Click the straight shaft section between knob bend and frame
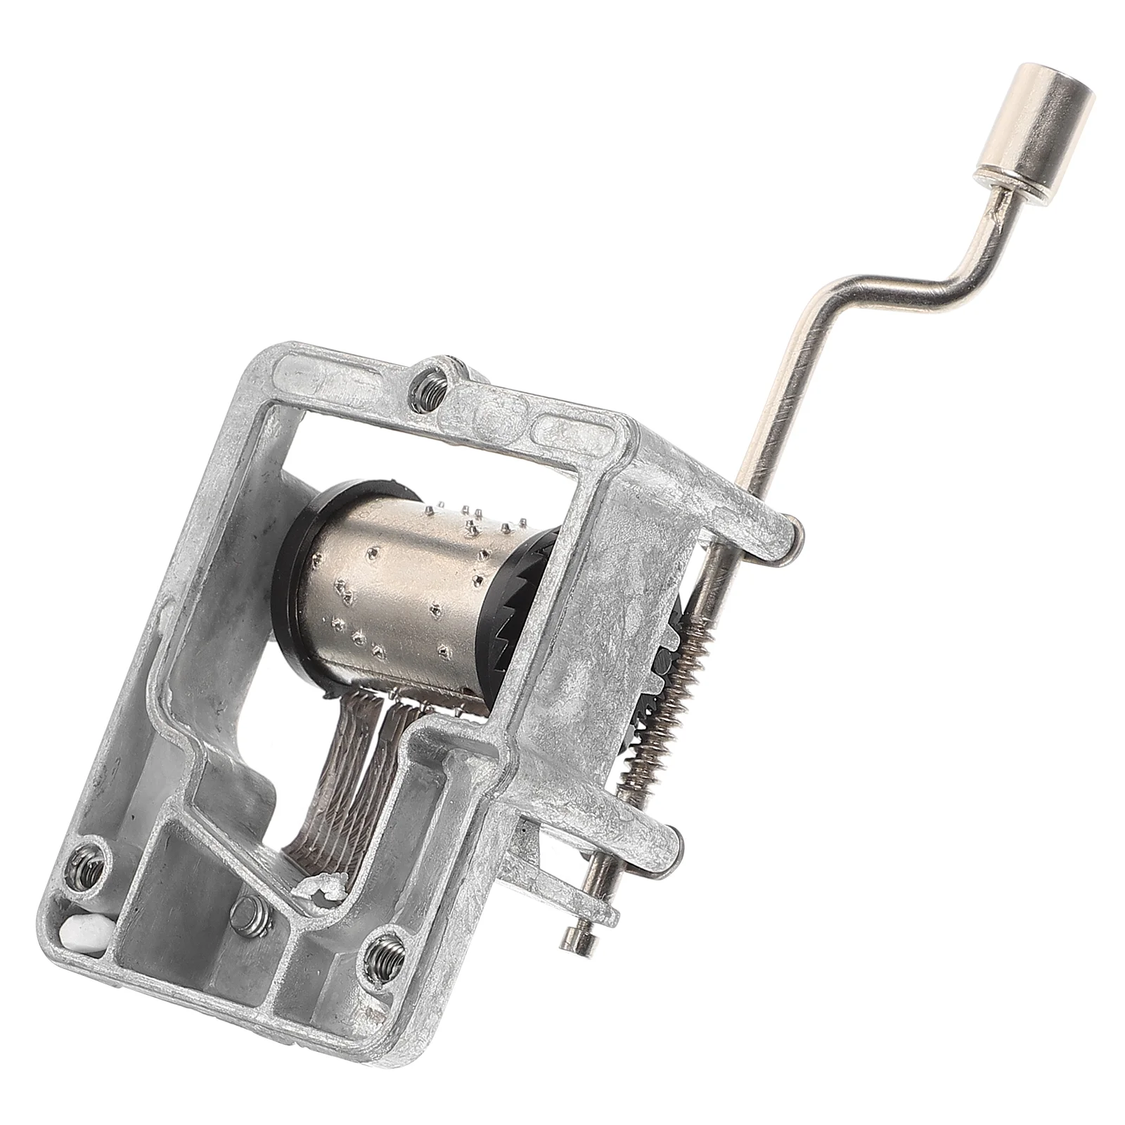pyautogui.click(x=780, y=394)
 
